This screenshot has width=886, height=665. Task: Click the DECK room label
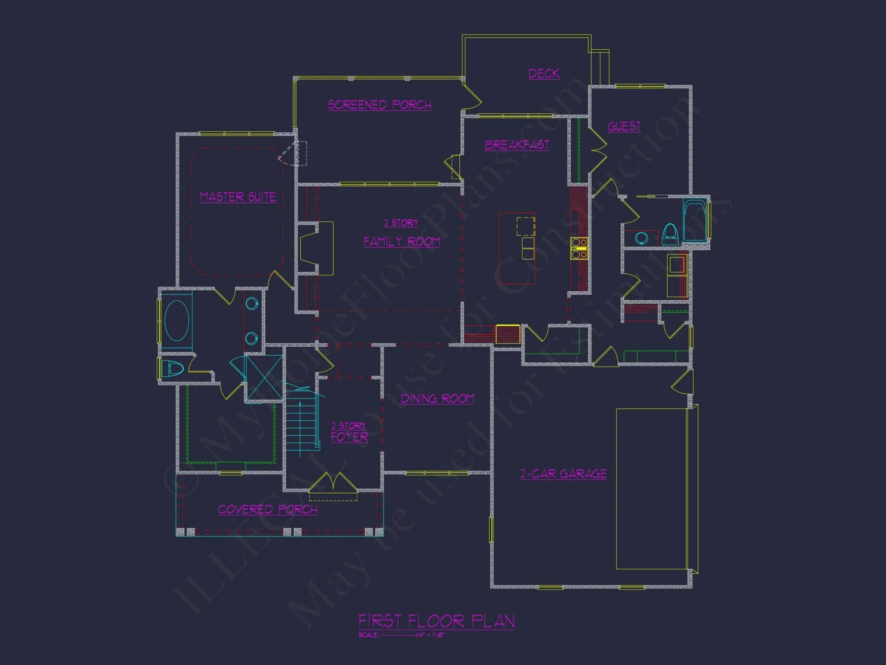544,74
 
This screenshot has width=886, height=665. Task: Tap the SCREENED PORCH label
380,105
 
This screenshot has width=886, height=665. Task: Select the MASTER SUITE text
238,197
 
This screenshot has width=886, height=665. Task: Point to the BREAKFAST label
517,145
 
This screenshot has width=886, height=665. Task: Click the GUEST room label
624,127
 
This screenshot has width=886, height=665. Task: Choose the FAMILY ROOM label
402,242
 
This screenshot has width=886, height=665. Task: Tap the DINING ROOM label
437,399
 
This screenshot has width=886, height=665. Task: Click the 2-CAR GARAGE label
563,474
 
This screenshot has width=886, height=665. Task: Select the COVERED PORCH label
268,510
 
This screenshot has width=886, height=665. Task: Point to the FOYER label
350,437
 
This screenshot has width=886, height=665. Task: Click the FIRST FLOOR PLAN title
436,621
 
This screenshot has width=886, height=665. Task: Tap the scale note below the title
401,635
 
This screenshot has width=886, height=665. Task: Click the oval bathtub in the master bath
177,321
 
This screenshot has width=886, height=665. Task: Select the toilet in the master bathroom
172,368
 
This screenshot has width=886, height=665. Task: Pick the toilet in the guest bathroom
670,234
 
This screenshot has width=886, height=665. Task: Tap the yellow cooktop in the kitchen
579,248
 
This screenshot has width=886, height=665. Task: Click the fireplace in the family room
316,248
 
